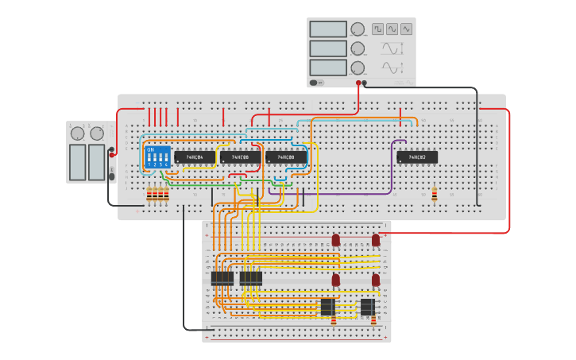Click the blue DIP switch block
(x=158, y=156)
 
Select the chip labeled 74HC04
(x=194, y=157)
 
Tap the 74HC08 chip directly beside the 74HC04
(x=239, y=157)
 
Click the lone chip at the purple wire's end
(x=417, y=157)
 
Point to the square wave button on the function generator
(x=377, y=29)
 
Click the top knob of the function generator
(x=358, y=29)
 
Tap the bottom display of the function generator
(x=328, y=68)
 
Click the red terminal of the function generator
(x=358, y=83)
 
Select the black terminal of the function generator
(x=365, y=83)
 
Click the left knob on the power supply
(x=78, y=134)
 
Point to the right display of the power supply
(x=97, y=162)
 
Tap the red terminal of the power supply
(x=111, y=154)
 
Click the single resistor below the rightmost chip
(x=434, y=194)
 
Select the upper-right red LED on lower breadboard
(x=376, y=239)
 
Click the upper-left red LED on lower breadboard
(x=335, y=239)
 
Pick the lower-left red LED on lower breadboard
(x=335, y=280)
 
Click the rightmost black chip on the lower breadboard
(x=367, y=307)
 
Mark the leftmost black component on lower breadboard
(x=222, y=278)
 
